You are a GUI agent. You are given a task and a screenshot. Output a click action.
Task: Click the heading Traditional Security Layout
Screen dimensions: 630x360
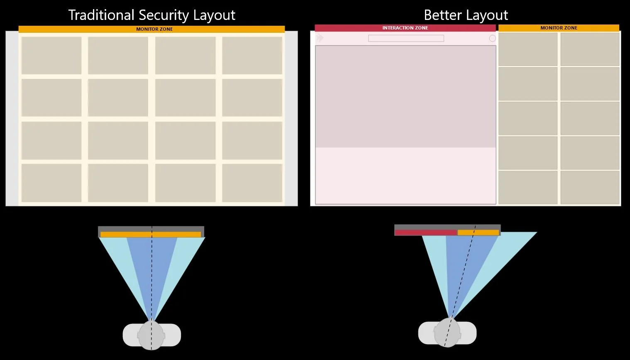[151, 15]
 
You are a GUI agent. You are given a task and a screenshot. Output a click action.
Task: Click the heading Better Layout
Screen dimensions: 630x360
[466, 15]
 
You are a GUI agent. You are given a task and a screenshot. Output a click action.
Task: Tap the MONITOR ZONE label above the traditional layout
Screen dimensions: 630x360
[154, 29]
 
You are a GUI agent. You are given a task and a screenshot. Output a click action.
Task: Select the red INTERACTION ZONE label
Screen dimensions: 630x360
[405, 28]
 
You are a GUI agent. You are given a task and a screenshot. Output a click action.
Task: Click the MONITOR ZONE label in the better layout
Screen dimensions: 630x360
[559, 28]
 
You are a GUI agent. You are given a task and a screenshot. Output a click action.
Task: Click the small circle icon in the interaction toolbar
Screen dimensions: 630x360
[492, 38]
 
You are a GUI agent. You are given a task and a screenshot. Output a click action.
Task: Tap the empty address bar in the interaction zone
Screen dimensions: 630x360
[406, 38]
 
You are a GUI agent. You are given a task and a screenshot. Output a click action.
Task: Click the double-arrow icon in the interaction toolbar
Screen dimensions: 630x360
[320, 38]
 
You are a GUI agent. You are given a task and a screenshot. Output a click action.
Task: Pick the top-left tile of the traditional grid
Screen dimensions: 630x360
[51, 56]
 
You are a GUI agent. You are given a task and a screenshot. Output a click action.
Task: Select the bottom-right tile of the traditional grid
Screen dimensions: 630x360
[252, 183]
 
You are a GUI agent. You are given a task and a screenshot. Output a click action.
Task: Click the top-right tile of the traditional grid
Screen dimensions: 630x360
[252, 56]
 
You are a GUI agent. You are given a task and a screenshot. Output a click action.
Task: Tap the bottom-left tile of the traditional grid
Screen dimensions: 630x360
[51, 183]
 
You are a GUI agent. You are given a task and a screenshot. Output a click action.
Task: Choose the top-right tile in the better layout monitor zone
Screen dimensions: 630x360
[590, 49]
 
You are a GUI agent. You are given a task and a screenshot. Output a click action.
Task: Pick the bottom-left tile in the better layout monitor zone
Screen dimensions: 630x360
[528, 187]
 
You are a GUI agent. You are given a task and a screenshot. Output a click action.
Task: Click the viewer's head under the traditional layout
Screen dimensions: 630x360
[151, 335]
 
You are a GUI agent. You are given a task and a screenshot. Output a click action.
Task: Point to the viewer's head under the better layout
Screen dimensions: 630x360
[447, 333]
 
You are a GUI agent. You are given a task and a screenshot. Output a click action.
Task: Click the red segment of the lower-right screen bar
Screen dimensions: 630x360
[426, 233]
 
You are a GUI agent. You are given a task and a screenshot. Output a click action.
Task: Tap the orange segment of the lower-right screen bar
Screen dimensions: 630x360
[478, 233]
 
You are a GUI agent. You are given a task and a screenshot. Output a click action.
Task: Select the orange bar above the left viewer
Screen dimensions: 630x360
[151, 235]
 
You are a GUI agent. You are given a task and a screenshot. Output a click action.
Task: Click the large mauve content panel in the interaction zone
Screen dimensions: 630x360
[405, 96]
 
